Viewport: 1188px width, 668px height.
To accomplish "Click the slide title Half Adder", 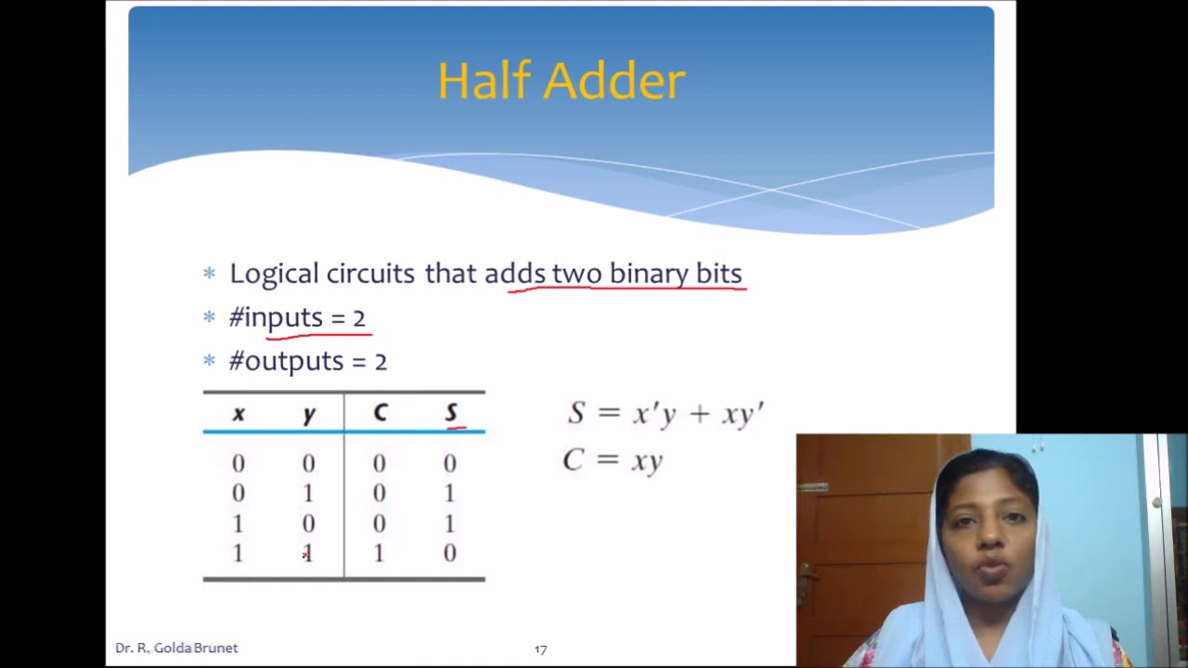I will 561,82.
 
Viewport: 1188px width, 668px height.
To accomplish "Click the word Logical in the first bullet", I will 273,274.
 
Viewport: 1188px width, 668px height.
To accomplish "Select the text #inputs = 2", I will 297,317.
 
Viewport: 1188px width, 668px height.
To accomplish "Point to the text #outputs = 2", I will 307,361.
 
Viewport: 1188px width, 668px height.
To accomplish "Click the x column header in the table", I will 239,414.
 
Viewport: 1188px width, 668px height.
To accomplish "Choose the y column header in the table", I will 309,415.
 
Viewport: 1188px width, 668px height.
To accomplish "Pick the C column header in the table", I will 380,414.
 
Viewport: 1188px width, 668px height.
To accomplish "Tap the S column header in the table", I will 451,413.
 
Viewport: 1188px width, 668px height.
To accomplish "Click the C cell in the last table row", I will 379,554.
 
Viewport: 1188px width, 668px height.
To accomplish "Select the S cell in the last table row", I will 450,554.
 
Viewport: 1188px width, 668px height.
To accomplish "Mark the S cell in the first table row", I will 450,463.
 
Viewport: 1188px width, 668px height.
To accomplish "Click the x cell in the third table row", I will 239,524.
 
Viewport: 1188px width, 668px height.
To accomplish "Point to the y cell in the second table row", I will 308,494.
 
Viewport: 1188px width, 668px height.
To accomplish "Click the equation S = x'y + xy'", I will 665,414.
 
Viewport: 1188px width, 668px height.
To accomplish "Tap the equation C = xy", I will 613,460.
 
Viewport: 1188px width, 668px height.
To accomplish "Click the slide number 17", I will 541,649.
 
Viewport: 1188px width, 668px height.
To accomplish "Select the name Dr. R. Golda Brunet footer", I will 176,649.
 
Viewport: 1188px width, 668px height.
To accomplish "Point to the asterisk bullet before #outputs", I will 209,360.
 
